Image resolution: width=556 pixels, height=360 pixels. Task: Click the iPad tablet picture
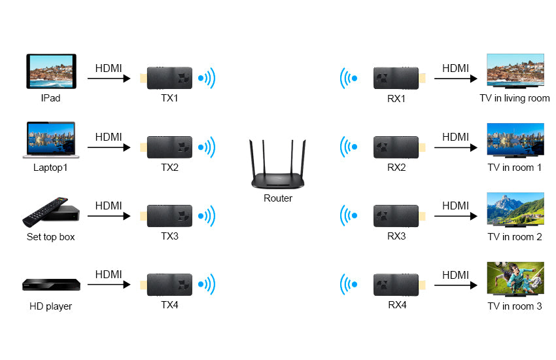[x=51, y=71]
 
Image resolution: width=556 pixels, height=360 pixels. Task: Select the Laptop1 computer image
[x=51, y=139]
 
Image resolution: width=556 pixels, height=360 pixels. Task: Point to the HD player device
[x=51, y=284]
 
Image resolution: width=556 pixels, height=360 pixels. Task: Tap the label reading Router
[x=278, y=198]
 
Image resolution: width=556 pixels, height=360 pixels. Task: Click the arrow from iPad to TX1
[x=109, y=79]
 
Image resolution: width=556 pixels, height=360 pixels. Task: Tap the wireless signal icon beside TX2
[x=207, y=147]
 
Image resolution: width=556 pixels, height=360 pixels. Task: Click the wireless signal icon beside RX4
[x=349, y=285]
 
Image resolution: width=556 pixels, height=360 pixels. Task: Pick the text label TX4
[x=169, y=305]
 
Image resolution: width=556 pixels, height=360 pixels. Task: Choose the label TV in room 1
[x=515, y=168]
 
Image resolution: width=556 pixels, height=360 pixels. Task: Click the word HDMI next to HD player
[x=109, y=275]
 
